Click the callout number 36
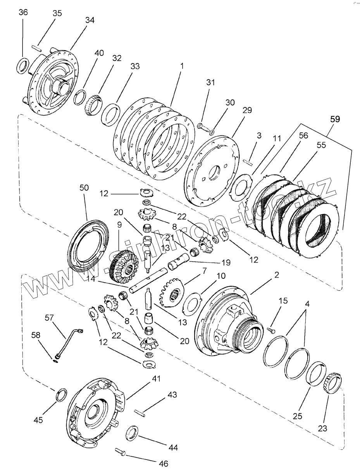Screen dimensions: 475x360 pos(23,12)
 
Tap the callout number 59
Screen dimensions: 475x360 pos(335,119)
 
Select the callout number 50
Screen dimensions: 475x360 pos(84,188)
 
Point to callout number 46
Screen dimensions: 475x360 pos(164,463)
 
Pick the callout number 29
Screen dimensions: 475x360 pos(247,111)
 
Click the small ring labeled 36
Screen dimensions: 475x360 pos(23,66)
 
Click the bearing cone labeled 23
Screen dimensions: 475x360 pos(332,382)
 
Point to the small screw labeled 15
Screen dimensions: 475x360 pos(270,329)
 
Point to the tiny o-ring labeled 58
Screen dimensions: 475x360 pos(57,361)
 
